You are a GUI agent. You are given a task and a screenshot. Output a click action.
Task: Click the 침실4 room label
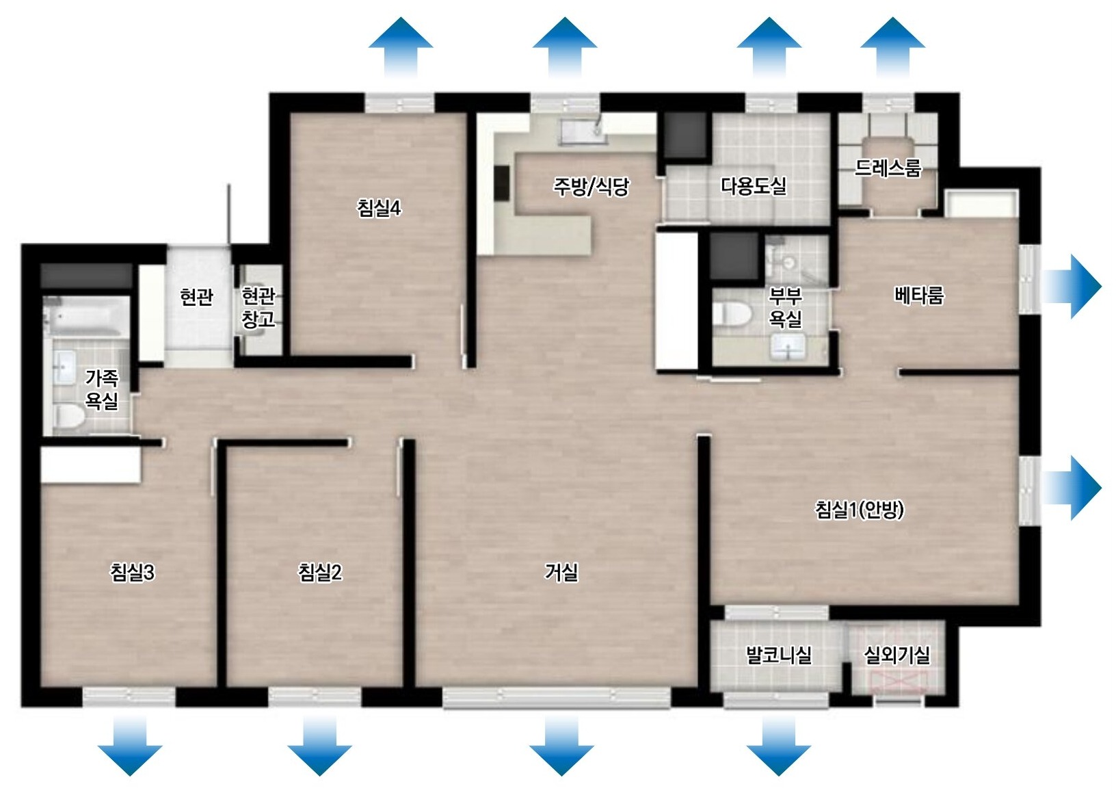pyautogui.click(x=379, y=208)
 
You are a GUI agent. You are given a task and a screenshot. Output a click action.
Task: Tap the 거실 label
pyautogui.click(x=561, y=573)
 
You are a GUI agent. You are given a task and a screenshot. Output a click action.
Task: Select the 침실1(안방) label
pyautogui.click(x=859, y=510)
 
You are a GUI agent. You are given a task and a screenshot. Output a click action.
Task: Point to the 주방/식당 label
pyautogui.click(x=592, y=186)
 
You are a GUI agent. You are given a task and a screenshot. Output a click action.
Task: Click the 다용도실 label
pyautogui.click(x=754, y=186)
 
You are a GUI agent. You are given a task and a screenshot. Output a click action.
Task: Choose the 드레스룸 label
pyautogui.click(x=888, y=168)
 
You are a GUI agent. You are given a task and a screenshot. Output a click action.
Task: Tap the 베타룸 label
pyautogui.click(x=918, y=296)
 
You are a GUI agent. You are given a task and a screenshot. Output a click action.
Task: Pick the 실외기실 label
pyautogui.click(x=896, y=655)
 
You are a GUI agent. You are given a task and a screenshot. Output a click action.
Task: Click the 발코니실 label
pyautogui.click(x=778, y=655)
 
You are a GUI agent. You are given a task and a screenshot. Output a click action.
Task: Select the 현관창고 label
pyautogui.click(x=258, y=308)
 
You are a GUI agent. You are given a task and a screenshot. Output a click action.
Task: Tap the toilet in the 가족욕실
pyautogui.click(x=69, y=417)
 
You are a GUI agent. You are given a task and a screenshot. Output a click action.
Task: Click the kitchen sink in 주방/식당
pyautogui.click(x=583, y=131)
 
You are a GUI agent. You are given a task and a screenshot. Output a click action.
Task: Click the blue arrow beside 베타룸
pyautogui.click(x=1072, y=287)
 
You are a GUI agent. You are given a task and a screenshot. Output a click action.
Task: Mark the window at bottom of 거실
pyautogui.click(x=557, y=698)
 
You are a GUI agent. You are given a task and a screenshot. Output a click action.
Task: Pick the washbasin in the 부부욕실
pyautogui.click(x=788, y=346)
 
